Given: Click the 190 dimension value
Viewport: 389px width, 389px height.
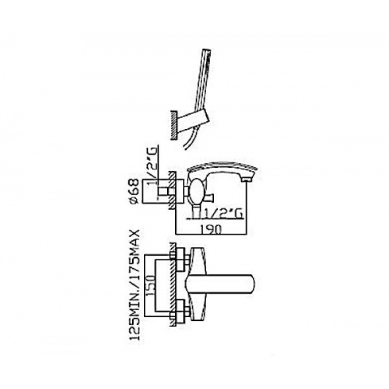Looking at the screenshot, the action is pos(211,229).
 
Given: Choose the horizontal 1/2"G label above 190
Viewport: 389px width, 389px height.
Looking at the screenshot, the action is pos(222,214).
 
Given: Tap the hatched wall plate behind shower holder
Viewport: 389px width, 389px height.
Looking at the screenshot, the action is pos(173,125).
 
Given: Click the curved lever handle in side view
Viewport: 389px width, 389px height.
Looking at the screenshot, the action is pos(223,166).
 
